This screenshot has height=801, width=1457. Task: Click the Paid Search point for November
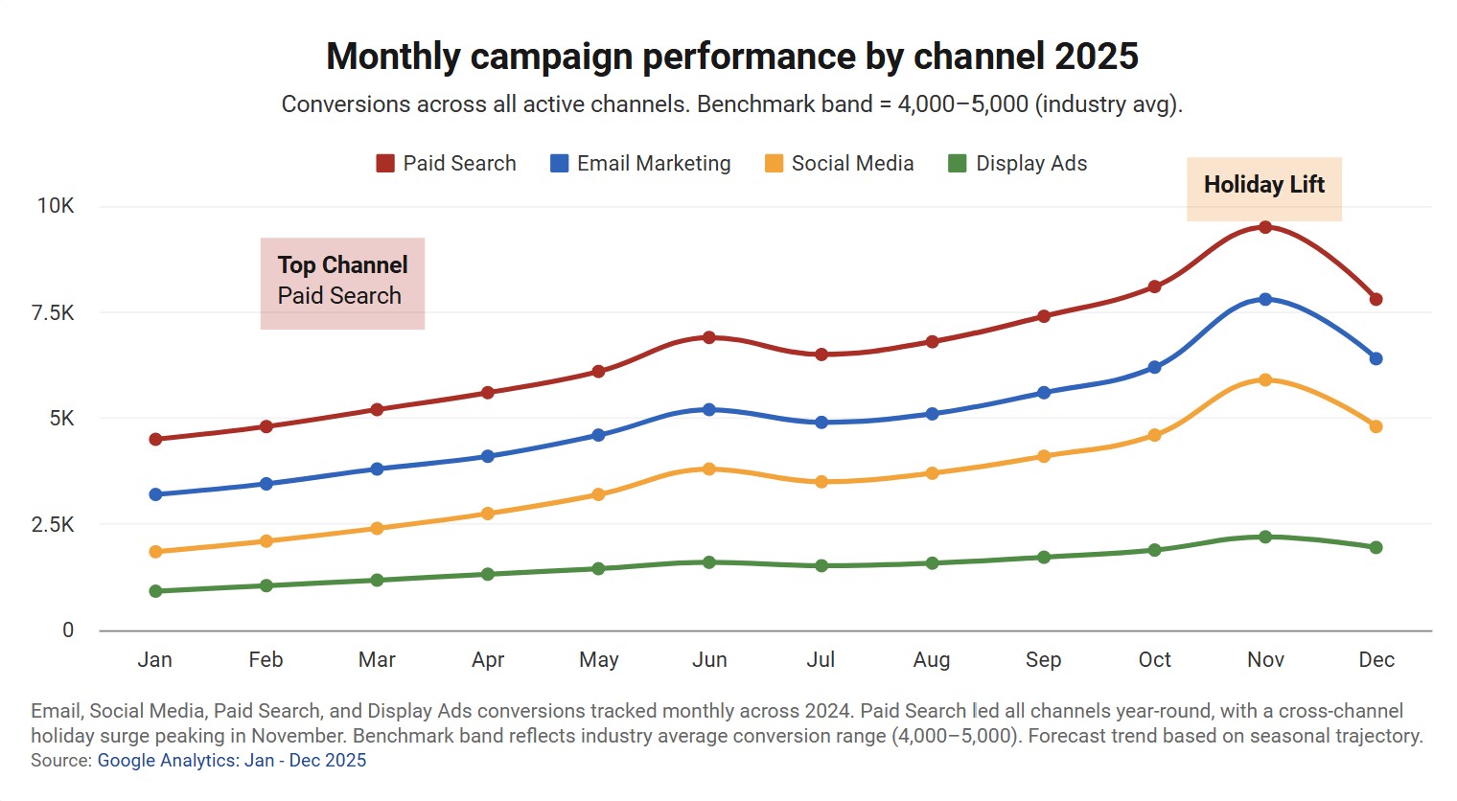[x=1265, y=227]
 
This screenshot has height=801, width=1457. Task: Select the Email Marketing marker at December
[x=1376, y=358]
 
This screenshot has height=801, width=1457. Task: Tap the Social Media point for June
[x=709, y=469]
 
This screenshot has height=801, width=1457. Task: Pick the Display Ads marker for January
[x=155, y=591]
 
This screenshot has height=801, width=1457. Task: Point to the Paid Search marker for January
[x=155, y=439]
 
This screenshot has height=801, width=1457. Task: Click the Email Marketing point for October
[x=1154, y=367]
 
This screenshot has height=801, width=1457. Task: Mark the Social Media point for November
[x=1265, y=380]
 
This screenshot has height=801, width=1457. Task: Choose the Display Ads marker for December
[x=1376, y=547]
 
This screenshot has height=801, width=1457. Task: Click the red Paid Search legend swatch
[x=385, y=164]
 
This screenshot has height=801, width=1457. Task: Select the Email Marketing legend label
[x=654, y=164]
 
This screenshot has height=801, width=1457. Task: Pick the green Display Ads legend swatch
[x=957, y=164]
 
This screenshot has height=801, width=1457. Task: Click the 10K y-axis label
[x=56, y=206]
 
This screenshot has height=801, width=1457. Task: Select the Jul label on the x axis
[x=821, y=660]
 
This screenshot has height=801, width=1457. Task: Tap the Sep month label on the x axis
[x=1043, y=660]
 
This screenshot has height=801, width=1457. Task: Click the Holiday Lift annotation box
[x=1264, y=189]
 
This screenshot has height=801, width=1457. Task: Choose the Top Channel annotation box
[x=342, y=283]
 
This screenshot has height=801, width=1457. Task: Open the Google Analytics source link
[x=232, y=761]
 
